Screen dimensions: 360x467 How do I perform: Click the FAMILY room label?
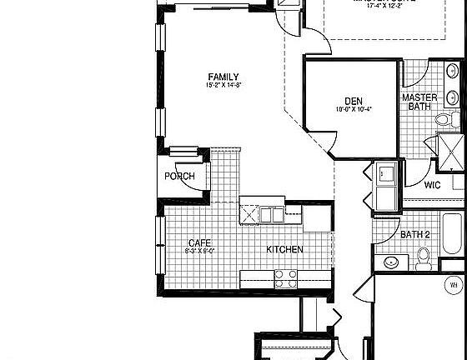click(223, 77)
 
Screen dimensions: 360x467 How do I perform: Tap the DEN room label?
click(353, 100)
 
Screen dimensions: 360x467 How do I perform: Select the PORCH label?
click(179, 177)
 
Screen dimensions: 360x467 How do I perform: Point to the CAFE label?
click(200, 242)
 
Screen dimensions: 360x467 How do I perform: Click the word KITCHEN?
click(284, 250)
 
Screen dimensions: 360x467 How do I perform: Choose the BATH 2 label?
click(414, 235)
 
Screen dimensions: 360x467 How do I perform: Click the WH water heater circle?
click(454, 285)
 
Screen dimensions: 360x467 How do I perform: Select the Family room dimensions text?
click(223, 85)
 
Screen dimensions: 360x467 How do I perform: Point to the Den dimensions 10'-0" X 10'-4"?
click(353, 108)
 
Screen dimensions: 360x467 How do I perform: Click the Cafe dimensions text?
click(200, 251)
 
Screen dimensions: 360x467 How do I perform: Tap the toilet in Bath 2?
click(424, 259)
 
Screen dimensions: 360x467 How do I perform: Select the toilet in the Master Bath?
click(444, 121)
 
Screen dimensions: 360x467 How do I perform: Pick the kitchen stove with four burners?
click(286, 277)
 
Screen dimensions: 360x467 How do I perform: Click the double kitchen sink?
click(270, 215)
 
